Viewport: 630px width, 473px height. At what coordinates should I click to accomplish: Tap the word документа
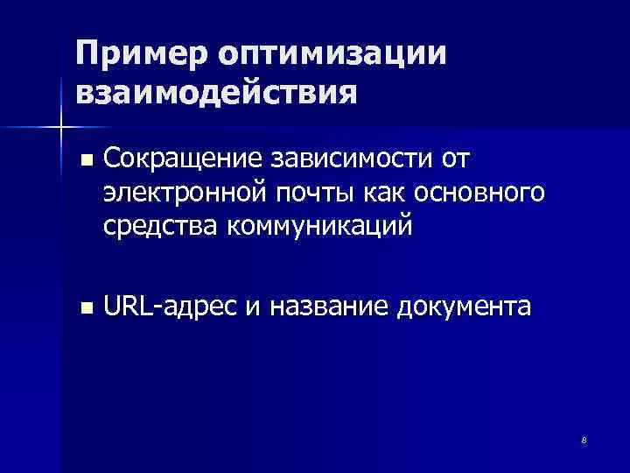point(464,307)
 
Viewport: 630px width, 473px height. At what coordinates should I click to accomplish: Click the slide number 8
point(584,439)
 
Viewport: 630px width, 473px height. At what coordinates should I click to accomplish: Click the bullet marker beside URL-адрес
point(84,308)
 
